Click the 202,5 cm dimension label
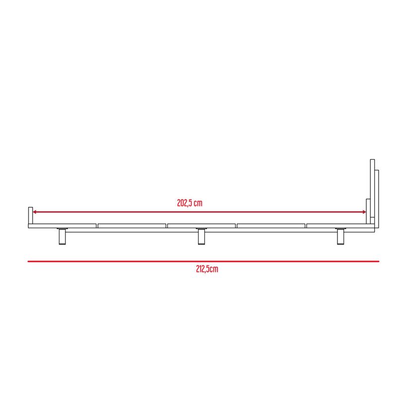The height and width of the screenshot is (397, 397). click(190, 203)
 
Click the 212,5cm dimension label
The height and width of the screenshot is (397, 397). click(207, 269)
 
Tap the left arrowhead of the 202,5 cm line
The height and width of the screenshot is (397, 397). click(34, 212)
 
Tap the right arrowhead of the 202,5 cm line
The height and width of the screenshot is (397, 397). click(364, 212)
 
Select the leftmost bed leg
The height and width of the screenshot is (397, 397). click(63, 237)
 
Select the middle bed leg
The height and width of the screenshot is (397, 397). click(201, 237)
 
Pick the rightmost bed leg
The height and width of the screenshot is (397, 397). click(340, 237)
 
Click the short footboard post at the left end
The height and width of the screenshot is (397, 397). click(30, 215)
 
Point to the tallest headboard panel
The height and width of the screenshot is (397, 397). click(373, 189)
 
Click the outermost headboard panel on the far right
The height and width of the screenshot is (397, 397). click(377, 199)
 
